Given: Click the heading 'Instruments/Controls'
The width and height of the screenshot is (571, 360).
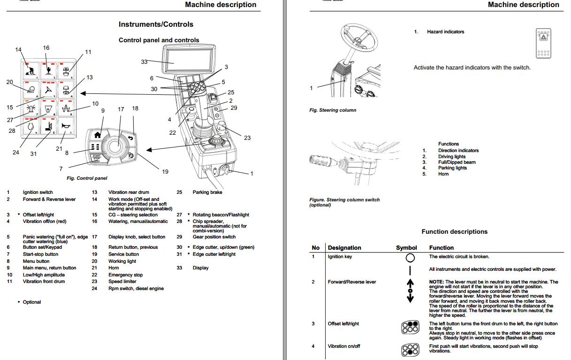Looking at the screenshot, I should tap(156, 24).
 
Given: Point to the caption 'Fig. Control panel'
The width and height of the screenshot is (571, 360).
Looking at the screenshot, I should tap(87, 178).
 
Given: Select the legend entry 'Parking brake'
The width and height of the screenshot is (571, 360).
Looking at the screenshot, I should tap(207, 192).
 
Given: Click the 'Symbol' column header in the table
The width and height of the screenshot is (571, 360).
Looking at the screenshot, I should tap(406, 248).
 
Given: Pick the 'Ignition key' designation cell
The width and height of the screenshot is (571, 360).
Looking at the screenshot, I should tap(340, 257).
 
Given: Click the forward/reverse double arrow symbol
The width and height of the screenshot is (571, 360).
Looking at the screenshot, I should tap(410, 291).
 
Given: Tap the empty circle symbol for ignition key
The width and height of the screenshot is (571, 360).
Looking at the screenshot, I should tap(410, 258).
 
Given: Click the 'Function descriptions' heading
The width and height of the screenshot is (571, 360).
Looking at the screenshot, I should tap(454, 231).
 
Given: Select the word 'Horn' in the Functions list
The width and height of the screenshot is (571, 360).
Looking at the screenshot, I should tap(443, 174).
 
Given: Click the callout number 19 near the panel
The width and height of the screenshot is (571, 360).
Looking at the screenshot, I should tap(165, 172).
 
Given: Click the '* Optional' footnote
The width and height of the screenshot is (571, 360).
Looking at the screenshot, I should tap(31, 302).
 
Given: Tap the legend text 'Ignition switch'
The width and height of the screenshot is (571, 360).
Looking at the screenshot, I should tap(38, 192).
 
